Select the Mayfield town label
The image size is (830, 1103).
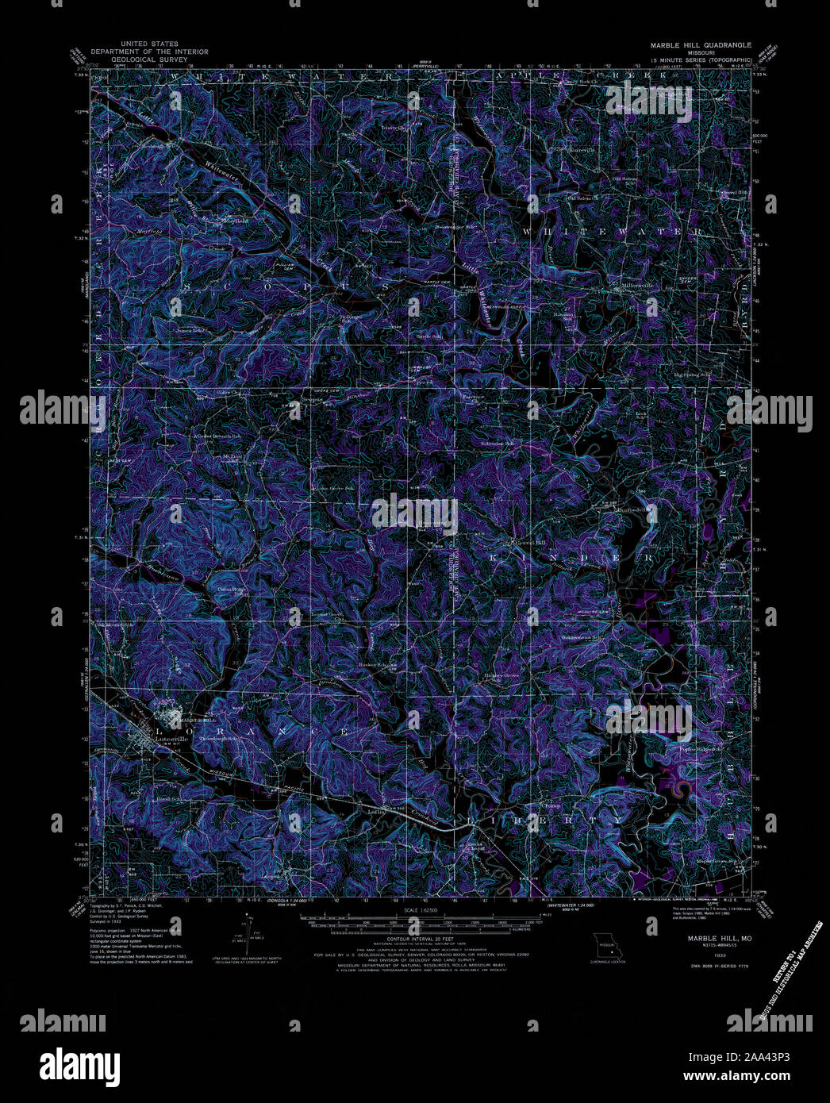click(x=236, y=221)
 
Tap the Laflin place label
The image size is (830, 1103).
click(x=376, y=812)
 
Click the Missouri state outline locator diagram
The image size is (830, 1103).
click(x=608, y=946)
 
